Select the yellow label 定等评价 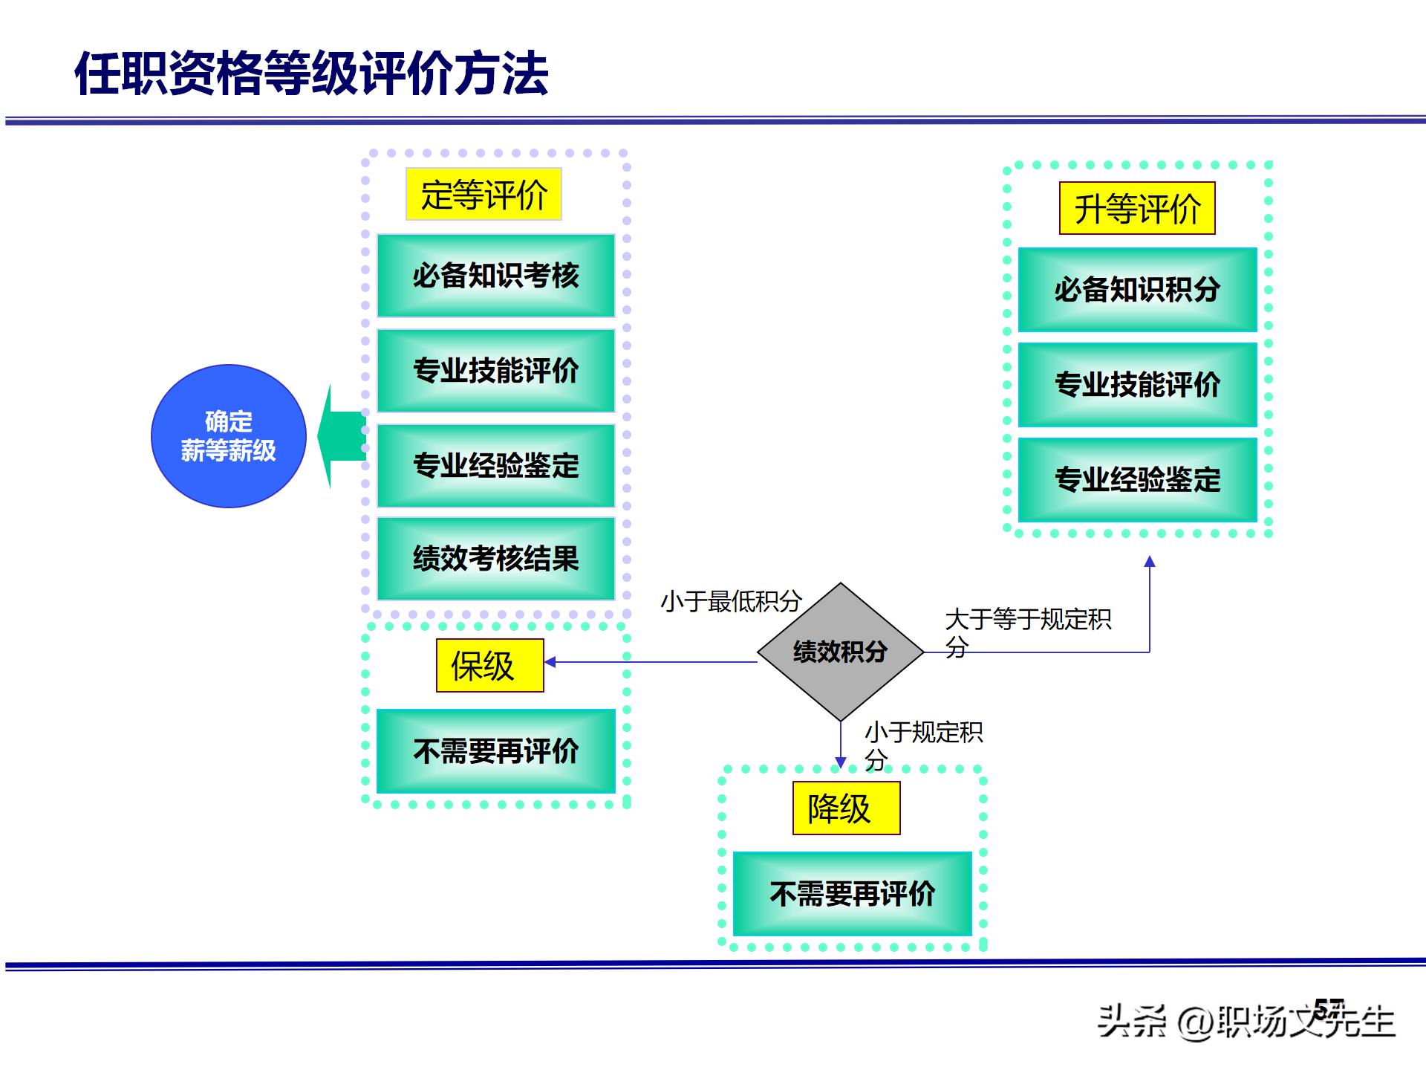[484, 195]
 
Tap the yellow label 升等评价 [1137, 209]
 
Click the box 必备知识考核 [495, 276]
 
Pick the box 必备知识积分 [1137, 290]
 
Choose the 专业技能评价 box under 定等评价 [495, 370]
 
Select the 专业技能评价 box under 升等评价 [1137, 384]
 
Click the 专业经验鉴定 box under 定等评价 [495, 465]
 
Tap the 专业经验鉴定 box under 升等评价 [1137, 479]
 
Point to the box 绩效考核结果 [495, 559]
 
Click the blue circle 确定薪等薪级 [229, 436]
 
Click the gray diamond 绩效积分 [840, 652]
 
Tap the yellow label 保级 [489, 666]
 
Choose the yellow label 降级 [846, 808]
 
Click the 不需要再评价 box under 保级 [495, 751]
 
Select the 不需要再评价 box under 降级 [852, 894]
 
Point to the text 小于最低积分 [731, 601]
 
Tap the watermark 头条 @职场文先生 [1246, 1022]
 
